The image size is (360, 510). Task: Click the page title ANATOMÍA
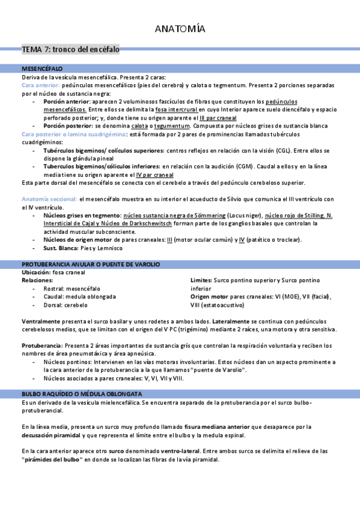click(180, 29)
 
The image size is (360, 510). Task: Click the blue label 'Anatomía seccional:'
click(49, 199)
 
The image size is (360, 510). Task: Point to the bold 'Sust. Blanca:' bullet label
click(62, 248)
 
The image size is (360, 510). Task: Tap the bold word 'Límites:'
click(201, 280)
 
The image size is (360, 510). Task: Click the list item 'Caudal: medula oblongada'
click(79, 296)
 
